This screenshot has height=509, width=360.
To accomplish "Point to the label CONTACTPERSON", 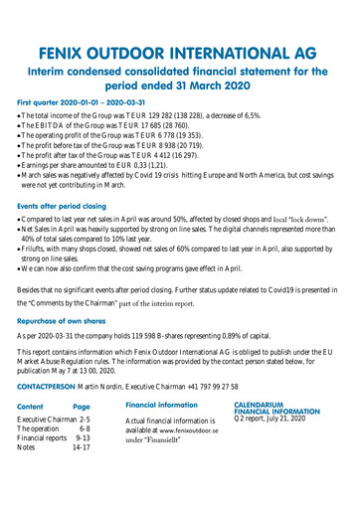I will pos(53,383).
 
